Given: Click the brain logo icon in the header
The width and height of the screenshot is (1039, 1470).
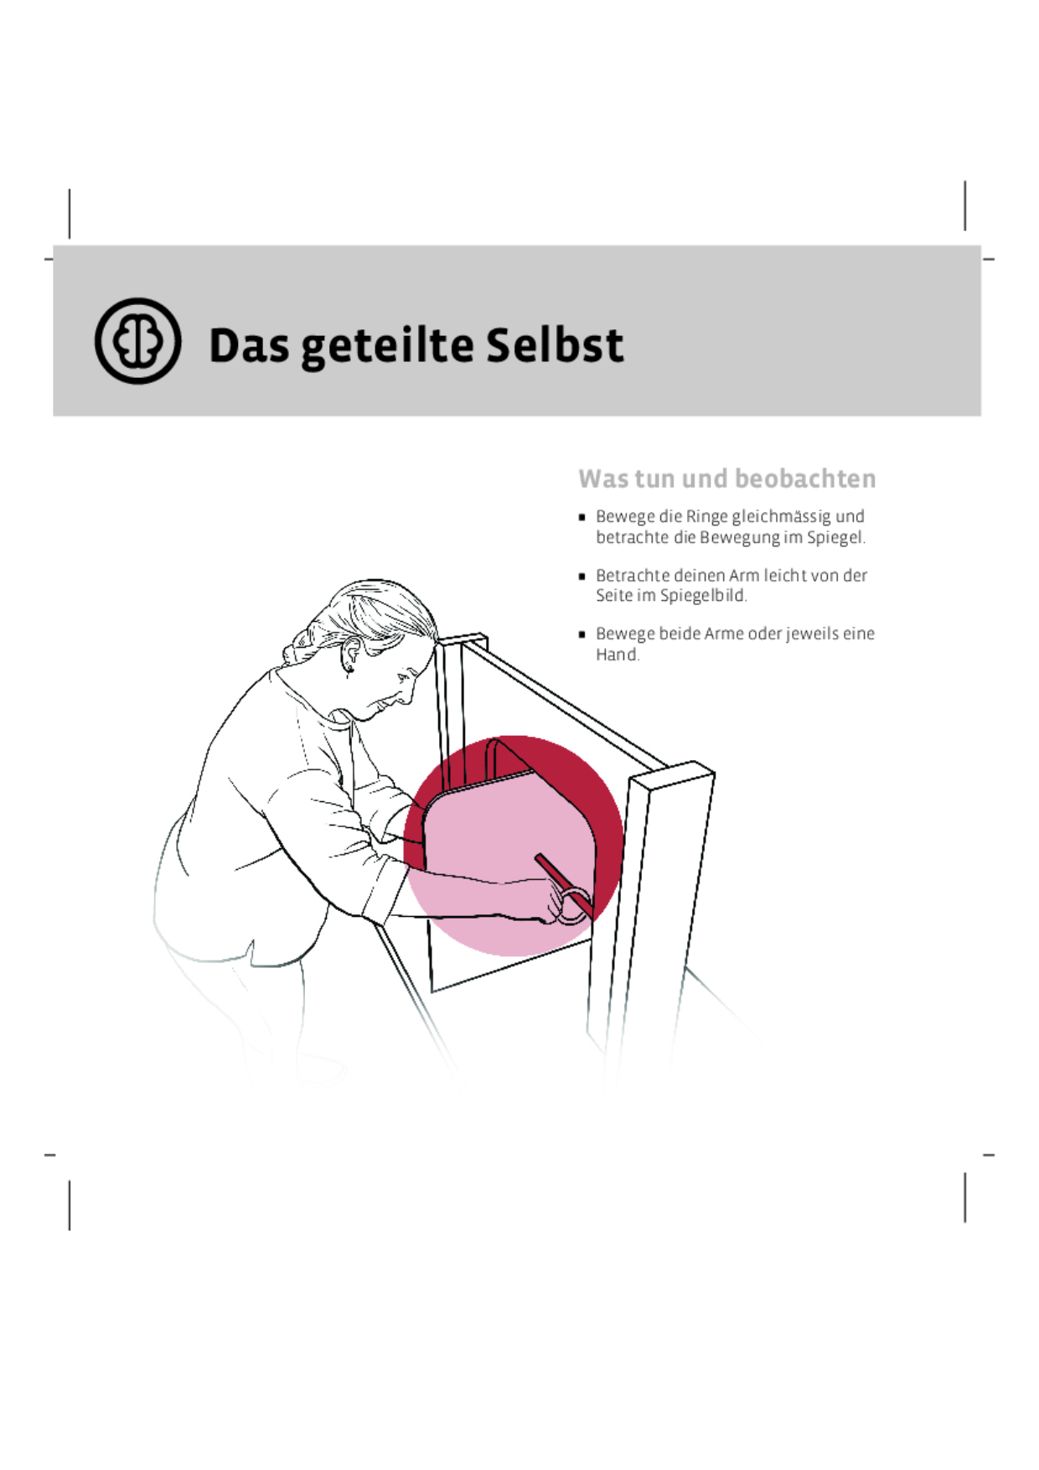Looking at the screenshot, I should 137,341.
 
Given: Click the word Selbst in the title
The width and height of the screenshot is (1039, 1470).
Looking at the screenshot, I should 555,345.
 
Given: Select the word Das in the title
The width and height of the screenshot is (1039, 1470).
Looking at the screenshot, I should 249,345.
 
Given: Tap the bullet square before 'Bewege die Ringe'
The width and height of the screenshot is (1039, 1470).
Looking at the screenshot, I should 582,518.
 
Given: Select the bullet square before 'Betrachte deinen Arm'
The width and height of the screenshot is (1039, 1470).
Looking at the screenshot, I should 582,577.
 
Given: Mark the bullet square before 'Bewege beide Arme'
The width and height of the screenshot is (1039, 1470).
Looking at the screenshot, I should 582,634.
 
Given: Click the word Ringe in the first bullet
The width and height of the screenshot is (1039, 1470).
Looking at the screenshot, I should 706,516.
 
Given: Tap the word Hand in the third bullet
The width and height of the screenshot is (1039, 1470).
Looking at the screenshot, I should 616,655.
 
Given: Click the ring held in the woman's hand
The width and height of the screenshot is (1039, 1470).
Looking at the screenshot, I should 573,908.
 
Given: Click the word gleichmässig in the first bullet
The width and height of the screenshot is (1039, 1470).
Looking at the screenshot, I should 782,517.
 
